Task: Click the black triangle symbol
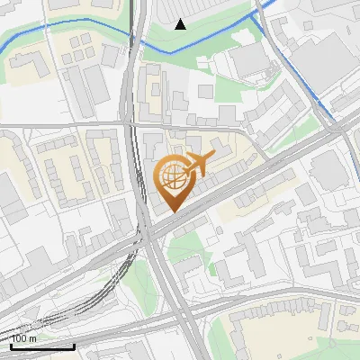180,24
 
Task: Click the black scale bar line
41,346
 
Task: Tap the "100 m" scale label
24,338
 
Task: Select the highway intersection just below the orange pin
151,232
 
